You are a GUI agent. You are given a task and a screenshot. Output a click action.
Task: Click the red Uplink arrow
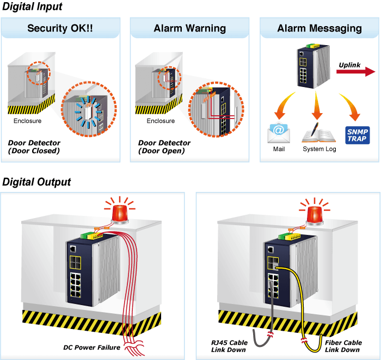point(356,72)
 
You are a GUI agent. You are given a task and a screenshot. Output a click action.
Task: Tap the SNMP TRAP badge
point(358,135)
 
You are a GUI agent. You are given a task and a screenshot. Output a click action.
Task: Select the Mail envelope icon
point(279,133)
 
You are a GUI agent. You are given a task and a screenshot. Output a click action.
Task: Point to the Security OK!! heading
point(60,28)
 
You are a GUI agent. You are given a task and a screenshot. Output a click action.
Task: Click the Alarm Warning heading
point(190,28)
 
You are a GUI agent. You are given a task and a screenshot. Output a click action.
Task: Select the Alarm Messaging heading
point(319,29)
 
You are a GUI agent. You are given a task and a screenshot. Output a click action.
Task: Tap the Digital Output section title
point(36,182)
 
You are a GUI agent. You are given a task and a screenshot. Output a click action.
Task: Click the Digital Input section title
point(32,7)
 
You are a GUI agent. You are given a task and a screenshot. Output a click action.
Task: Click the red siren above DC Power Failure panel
point(120,210)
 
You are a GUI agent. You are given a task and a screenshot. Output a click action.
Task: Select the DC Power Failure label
point(91,347)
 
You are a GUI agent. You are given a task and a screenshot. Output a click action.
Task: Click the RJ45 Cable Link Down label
point(229,346)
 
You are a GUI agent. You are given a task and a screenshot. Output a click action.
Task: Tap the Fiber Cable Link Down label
point(343,346)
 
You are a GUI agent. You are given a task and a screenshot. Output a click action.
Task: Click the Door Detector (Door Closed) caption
point(34,147)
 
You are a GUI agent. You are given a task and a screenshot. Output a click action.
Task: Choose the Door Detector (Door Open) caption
point(164,147)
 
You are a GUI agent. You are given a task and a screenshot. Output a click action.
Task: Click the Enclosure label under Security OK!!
point(27,121)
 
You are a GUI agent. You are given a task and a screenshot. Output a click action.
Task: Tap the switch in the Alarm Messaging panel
point(314,66)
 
